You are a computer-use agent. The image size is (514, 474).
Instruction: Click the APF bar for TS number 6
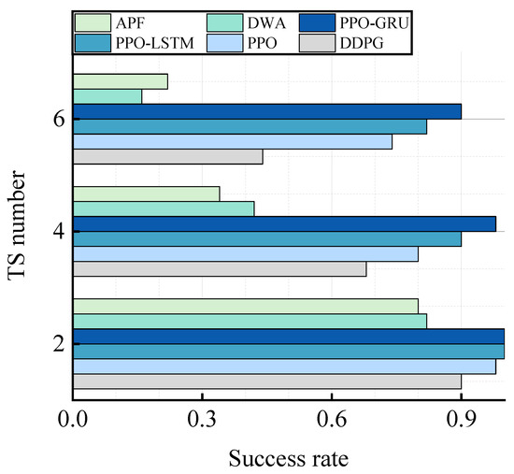120,81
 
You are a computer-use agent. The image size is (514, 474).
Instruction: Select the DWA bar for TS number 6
107,96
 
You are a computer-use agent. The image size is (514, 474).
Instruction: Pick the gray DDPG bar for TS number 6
167,157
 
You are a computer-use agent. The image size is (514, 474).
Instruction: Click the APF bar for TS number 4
146,194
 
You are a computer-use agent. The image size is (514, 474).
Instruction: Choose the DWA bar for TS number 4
164,208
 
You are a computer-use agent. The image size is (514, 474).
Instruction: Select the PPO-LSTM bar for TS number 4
266,238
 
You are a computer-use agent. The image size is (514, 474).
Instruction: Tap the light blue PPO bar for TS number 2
284,366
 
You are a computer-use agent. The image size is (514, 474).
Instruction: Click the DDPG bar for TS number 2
266,381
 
